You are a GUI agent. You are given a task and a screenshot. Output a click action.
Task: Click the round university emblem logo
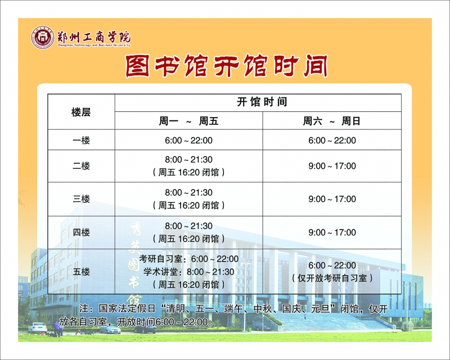point(43,38)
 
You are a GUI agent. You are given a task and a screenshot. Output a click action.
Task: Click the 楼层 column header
point(81,112)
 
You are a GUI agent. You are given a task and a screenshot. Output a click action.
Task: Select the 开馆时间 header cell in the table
point(262,102)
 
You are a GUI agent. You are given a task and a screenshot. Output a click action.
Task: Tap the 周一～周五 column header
point(188,121)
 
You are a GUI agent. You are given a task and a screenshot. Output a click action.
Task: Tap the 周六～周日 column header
point(331,121)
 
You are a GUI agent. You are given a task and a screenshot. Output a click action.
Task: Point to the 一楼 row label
point(81,141)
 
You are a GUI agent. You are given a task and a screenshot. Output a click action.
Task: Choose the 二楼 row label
point(81,165)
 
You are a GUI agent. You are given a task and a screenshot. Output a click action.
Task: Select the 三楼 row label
point(81,199)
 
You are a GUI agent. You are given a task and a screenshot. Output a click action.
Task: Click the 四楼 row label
point(81,232)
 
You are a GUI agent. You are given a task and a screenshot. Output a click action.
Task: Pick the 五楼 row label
point(81,272)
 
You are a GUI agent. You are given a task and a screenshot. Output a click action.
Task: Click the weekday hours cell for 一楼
point(188,141)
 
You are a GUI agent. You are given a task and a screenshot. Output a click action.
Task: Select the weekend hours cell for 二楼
point(332,166)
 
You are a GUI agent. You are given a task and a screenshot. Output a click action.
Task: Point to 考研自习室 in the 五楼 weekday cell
point(160,259)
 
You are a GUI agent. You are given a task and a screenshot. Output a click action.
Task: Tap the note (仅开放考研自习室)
point(332,278)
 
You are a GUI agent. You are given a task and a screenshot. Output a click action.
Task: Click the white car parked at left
point(38,327)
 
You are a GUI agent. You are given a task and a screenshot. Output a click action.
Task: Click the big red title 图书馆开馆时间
point(227,66)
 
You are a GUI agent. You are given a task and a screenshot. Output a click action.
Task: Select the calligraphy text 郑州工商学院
point(94,37)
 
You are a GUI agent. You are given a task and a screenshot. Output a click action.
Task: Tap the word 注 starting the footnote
point(84,309)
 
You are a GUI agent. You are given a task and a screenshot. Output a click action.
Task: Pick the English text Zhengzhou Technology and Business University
point(94,46)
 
